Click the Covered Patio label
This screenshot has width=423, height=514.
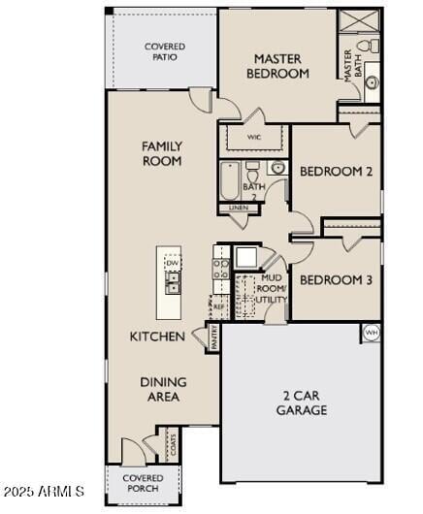[x=165, y=51]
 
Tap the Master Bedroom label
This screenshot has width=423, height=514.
[x=277, y=66]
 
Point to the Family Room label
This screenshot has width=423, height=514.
[x=162, y=153]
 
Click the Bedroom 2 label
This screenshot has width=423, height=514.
[x=336, y=172]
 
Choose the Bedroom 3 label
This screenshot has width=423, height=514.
[x=336, y=280]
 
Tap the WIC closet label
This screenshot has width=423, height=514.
[x=254, y=138]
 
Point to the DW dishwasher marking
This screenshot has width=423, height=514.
[x=172, y=263]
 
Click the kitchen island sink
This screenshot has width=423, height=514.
[x=172, y=283]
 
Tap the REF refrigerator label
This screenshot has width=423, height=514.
[x=219, y=306]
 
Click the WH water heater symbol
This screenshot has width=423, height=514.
[x=371, y=333]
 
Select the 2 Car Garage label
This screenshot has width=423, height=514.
[x=305, y=402]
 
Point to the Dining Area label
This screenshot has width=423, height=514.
[x=163, y=389]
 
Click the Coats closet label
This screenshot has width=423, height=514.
[x=173, y=445]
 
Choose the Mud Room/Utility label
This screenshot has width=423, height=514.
[x=273, y=289]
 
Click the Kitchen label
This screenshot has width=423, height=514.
[x=157, y=337]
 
